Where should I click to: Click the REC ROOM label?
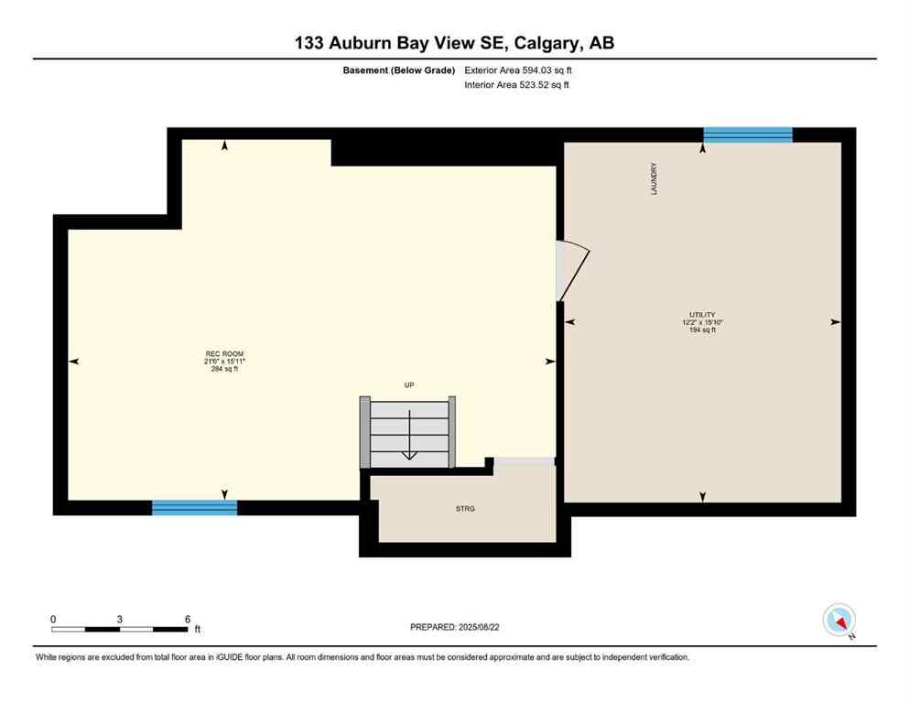[x=224, y=353]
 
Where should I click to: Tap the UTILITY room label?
[x=702, y=314]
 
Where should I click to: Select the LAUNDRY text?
[x=654, y=179]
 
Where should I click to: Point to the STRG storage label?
[x=466, y=508]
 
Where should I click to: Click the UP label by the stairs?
[x=409, y=385]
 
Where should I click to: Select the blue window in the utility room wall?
[x=747, y=135]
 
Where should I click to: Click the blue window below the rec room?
[x=194, y=507]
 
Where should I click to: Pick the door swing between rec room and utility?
[x=572, y=270]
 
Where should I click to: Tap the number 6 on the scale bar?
[x=187, y=619]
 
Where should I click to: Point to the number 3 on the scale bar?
[x=120, y=619]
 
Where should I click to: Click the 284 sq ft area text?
[x=224, y=370]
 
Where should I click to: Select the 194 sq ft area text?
[x=702, y=330]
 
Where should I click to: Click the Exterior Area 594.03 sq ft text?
[x=519, y=70]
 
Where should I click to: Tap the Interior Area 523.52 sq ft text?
[x=517, y=85]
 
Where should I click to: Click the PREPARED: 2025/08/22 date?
[x=454, y=627]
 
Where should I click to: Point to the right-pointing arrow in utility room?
[x=834, y=322]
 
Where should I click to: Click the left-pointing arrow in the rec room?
[x=74, y=362]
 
